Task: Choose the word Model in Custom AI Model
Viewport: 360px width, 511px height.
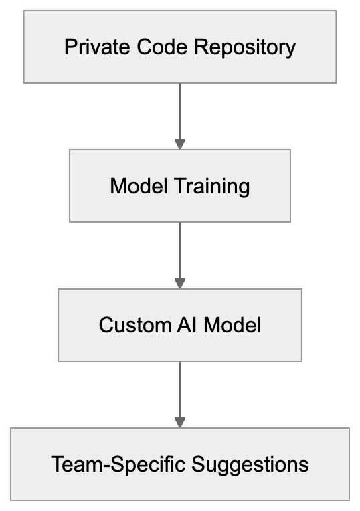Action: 232,325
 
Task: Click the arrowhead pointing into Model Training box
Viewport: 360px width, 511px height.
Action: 179,144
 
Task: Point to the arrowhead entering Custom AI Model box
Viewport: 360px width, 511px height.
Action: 179,284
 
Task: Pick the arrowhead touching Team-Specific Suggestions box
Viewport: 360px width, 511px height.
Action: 179,423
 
